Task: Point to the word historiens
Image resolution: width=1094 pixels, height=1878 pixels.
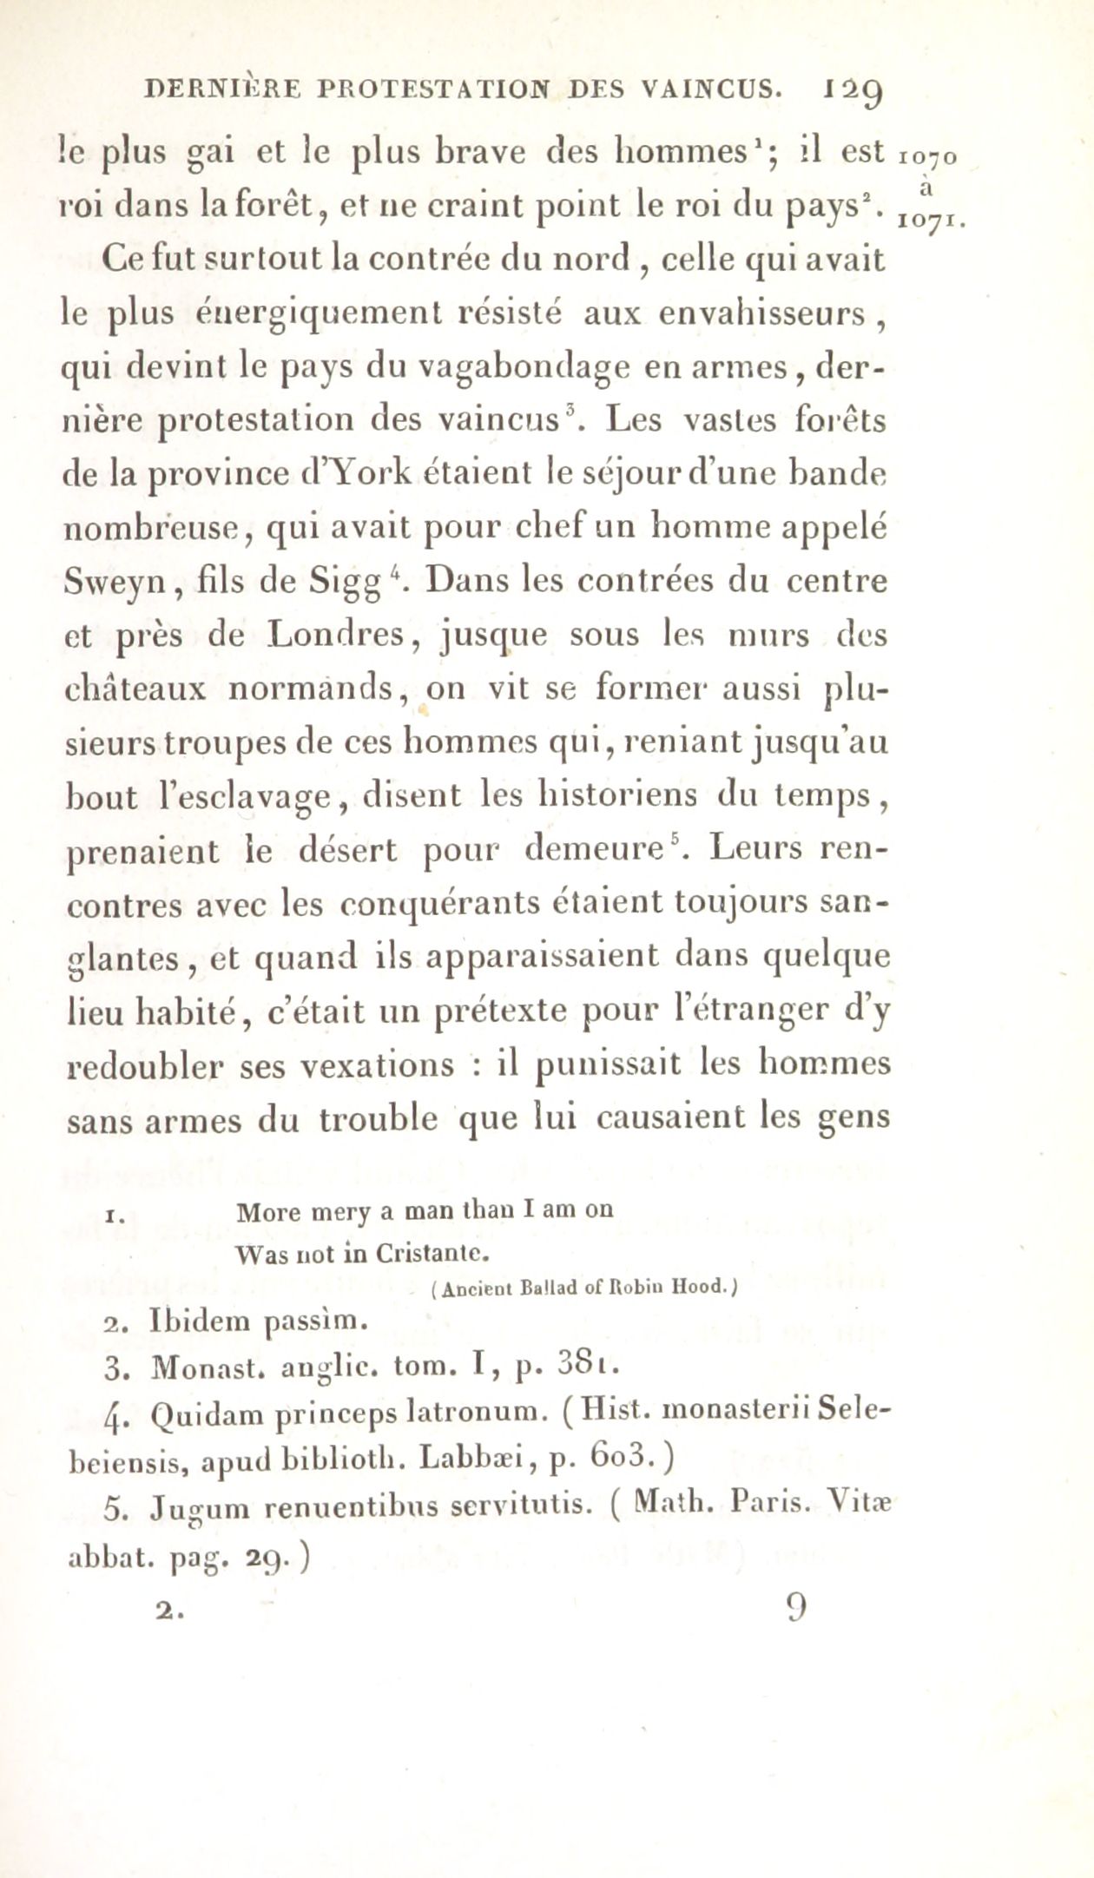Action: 610,796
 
